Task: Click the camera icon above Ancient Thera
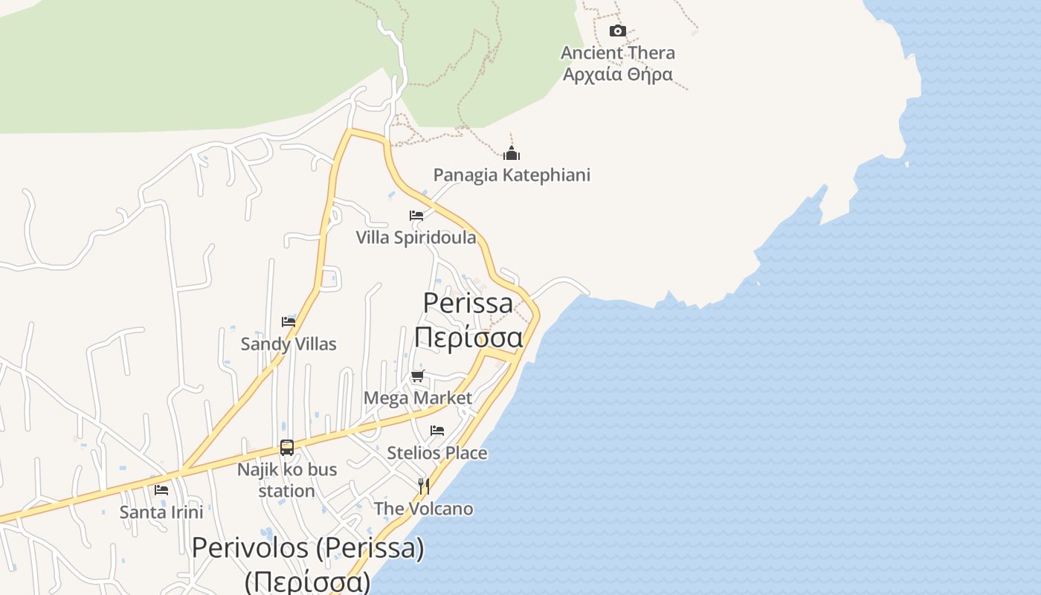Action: point(617,30)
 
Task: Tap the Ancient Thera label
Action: point(617,53)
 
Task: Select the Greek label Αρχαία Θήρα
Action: point(617,74)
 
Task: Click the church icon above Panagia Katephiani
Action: point(512,153)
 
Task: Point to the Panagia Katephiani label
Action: point(512,175)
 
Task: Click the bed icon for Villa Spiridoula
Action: point(416,216)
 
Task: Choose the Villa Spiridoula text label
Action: point(416,237)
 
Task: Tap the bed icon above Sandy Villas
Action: point(289,321)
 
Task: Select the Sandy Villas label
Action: point(289,344)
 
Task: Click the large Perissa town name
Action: point(468,303)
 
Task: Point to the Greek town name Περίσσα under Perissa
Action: point(468,337)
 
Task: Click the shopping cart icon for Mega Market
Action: point(417,376)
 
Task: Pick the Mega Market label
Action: point(417,398)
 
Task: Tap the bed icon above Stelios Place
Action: point(437,431)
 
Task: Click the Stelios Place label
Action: point(437,453)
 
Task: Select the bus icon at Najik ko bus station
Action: point(287,448)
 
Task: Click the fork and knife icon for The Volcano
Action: point(423,486)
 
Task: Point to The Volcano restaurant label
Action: point(423,509)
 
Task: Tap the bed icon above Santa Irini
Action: point(161,490)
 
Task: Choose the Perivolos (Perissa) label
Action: point(308,549)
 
